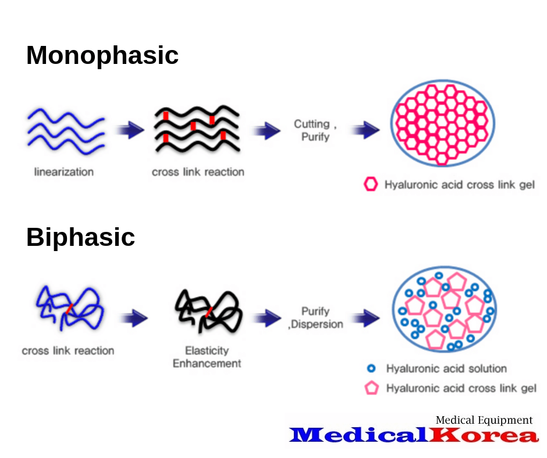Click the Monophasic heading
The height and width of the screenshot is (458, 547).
pyautogui.click(x=102, y=56)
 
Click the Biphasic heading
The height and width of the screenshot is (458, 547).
pyautogui.click(x=80, y=237)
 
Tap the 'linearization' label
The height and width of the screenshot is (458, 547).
pyautogui.click(x=64, y=172)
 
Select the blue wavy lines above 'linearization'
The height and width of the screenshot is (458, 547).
pyautogui.click(x=66, y=130)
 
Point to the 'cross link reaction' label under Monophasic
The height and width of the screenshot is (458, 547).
pyautogui.click(x=198, y=172)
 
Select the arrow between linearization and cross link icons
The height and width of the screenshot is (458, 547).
pyautogui.click(x=130, y=130)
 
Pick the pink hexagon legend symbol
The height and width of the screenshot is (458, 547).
pyautogui.click(x=371, y=185)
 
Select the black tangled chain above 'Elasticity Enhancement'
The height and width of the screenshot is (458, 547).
pyautogui.click(x=207, y=310)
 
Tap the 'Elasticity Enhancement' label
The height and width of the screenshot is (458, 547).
pyautogui.click(x=207, y=357)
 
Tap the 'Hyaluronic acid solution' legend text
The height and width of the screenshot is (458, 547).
pyautogui.click(x=446, y=368)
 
